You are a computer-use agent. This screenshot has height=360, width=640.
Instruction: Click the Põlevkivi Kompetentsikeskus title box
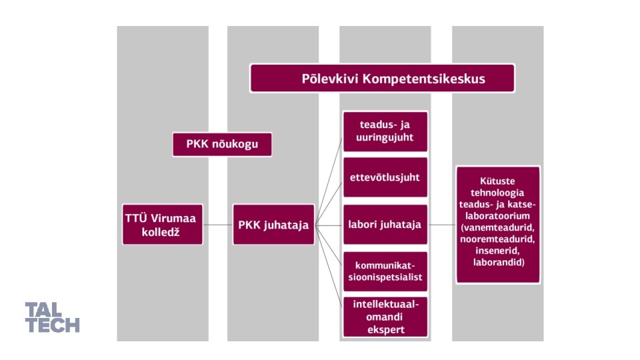click(382, 78)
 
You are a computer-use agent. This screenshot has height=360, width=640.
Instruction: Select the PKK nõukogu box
click(222, 143)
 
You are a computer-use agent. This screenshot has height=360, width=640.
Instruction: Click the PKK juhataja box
click(273, 225)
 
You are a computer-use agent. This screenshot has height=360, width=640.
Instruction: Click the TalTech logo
click(52, 317)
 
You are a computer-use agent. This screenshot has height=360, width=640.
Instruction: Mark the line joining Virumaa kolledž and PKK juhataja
click(217, 225)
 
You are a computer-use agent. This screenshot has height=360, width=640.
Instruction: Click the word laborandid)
click(497, 263)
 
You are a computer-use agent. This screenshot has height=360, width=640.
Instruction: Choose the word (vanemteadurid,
click(497, 227)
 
